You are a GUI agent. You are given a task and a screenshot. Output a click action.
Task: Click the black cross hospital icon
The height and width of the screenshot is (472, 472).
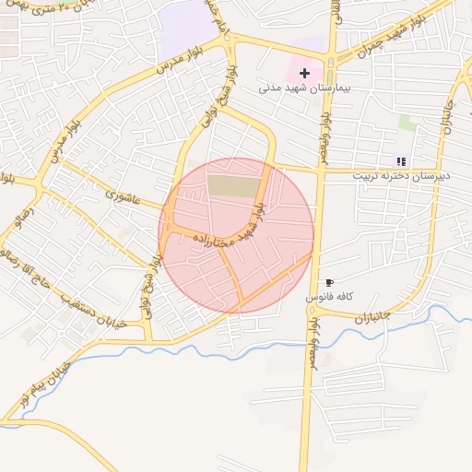point(305,72)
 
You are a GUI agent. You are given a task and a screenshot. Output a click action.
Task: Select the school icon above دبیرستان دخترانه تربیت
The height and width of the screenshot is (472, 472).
point(401,161)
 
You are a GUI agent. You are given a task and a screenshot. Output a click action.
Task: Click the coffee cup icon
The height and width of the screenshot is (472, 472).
point(330,282)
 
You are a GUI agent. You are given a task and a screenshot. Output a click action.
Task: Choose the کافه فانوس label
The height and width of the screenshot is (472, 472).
point(348,297)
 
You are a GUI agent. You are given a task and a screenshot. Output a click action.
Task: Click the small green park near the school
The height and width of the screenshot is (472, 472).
point(407,122)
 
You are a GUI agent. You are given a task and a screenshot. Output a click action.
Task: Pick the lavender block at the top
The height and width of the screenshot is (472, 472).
point(188,25)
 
